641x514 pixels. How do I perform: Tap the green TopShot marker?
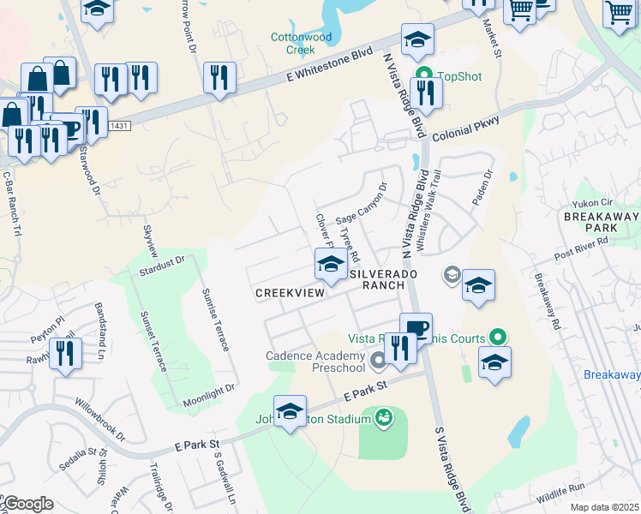point(422,75)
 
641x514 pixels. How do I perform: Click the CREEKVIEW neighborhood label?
point(291,293)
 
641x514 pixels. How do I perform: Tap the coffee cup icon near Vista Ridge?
point(416,328)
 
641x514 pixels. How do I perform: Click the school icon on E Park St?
point(290,410)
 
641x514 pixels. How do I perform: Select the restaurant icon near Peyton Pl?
point(66,352)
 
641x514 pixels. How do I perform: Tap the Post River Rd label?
point(581,248)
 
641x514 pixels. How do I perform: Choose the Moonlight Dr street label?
point(209,396)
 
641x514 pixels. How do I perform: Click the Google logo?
point(27,504)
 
